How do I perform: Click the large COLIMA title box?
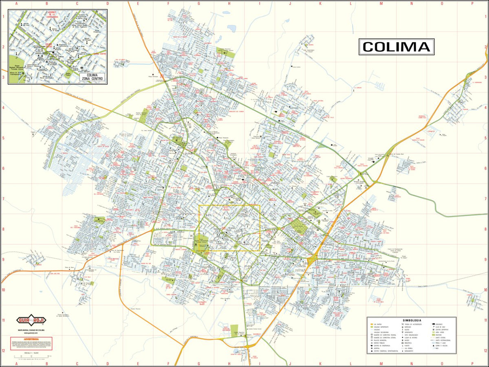396,47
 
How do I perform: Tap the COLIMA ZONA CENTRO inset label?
92,76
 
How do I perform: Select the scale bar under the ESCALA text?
31,358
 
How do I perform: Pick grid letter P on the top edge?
472,3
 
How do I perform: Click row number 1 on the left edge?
3,17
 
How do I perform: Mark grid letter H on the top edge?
229,3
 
